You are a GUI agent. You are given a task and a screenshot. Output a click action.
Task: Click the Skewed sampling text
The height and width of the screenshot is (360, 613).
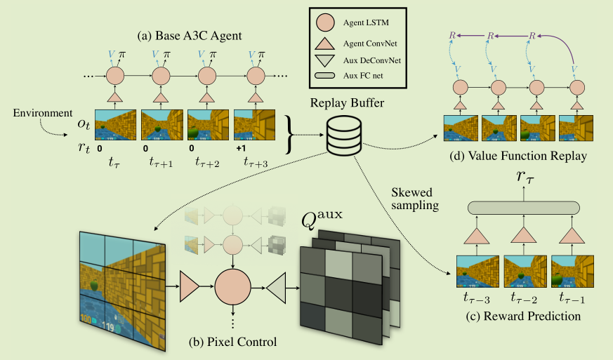pos(414,200)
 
